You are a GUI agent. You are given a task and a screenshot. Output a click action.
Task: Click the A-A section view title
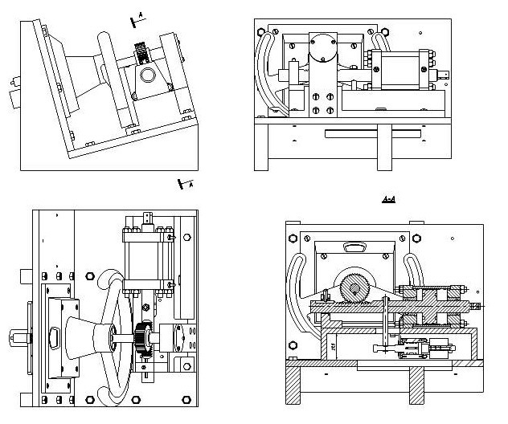[x=388, y=198]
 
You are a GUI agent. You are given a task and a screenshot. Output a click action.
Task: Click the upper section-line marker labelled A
[x=138, y=15]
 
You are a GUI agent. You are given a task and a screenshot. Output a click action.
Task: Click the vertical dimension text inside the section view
[x=332, y=346]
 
